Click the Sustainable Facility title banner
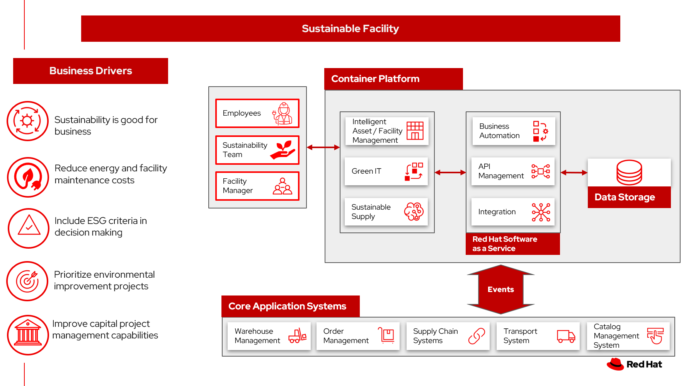[x=350, y=29]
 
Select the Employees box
[x=257, y=113]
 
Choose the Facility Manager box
[x=257, y=186]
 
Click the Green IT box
[x=386, y=171]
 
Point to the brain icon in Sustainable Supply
[x=414, y=212]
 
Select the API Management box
[x=512, y=171]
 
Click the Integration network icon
[x=541, y=212]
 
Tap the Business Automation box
[x=513, y=131]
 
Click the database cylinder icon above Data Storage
[x=629, y=173]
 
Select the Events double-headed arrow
[x=500, y=289]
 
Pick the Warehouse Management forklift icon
[x=297, y=336]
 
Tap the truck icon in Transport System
[x=566, y=336]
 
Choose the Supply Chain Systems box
[x=448, y=336]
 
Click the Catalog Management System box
[x=628, y=336]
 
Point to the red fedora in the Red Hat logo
[x=615, y=364]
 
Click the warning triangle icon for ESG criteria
[x=29, y=226]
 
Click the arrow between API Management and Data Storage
[x=574, y=173]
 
